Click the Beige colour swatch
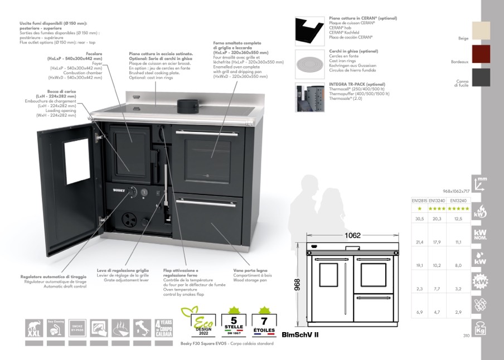(481, 31)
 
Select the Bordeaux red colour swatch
(481, 54)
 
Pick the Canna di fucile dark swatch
(481, 77)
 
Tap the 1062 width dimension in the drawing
(352, 235)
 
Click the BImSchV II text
(300, 334)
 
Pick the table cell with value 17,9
(437, 242)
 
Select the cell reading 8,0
(458, 266)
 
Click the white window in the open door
(77, 162)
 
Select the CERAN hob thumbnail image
(310, 31)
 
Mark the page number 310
(467, 335)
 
